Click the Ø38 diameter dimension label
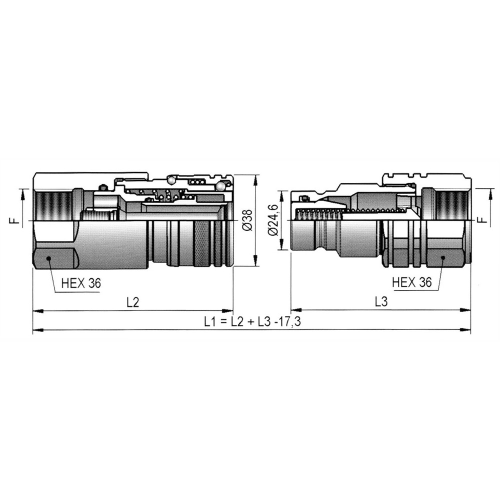click(x=247, y=220)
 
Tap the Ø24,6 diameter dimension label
click(x=273, y=220)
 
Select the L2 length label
click(x=132, y=301)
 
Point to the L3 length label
click(x=381, y=301)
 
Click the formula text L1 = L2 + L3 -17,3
click(x=252, y=321)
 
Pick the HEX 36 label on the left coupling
click(x=81, y=283)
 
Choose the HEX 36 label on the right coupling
click(x=411, y=282)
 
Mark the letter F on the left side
click(x=16, y=220)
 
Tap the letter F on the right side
click(x=484, y=219)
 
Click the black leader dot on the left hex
click(x=48, y=258)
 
